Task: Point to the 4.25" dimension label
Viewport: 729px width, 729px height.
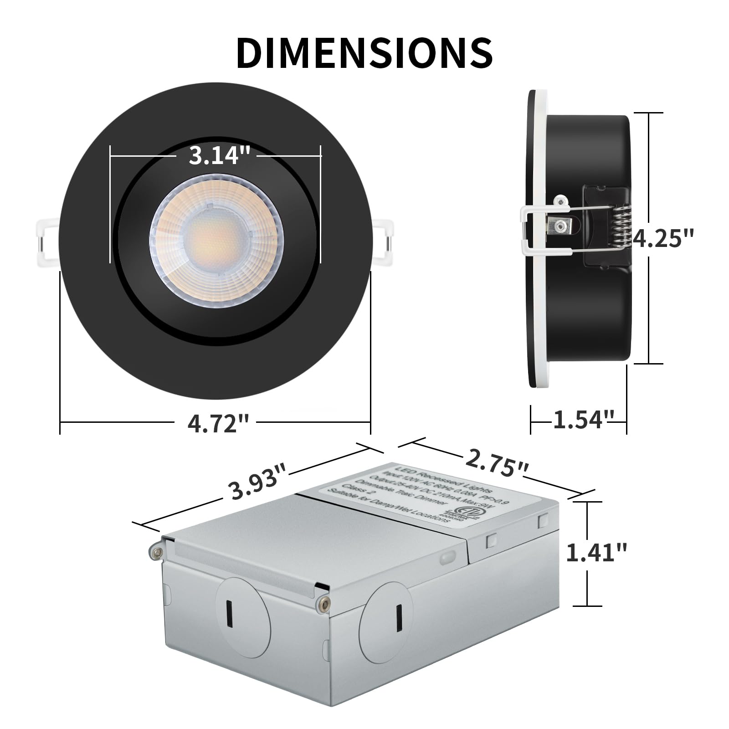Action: coord(663,238)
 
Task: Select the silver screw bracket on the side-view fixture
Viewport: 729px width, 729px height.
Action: coord(561,224)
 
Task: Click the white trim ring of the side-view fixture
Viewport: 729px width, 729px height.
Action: coord(542,237)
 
